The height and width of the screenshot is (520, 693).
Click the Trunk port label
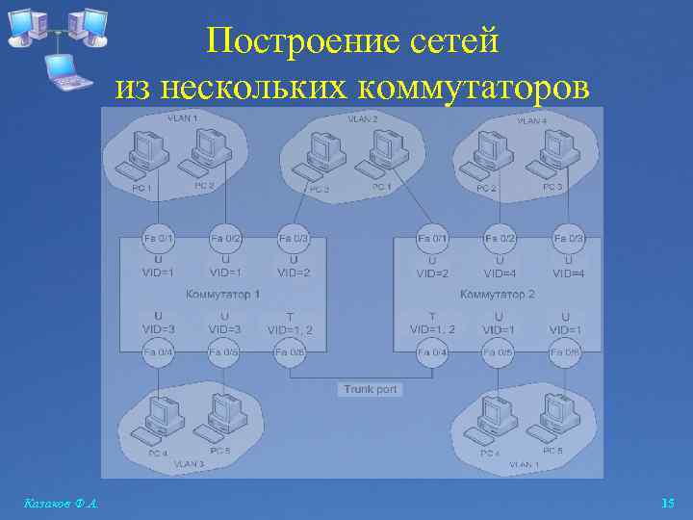[x=371, y=389]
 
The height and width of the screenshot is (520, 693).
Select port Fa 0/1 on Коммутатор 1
[x=158, y=237]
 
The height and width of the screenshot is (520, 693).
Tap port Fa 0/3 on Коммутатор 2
[x=569, y=237]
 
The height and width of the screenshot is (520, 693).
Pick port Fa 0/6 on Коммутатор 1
[x=292, y=352]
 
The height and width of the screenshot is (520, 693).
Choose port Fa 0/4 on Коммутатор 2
[x=431, y=352]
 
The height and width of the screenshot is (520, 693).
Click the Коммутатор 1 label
[x=223, y=294]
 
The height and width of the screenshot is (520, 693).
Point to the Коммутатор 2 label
[x=498, y=294]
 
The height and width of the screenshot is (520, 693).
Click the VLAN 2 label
[x=362, y=118]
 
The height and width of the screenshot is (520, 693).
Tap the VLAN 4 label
[x=531, y=121]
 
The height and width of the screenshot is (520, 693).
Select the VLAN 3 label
[x=189, y=463]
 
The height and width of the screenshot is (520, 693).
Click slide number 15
[x=668, y=503]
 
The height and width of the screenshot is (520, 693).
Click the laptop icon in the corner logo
[x=65, y=71]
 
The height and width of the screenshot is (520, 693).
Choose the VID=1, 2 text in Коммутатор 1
[x=290, y=329]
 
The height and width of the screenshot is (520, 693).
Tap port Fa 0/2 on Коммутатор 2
[x=500, y=237]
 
